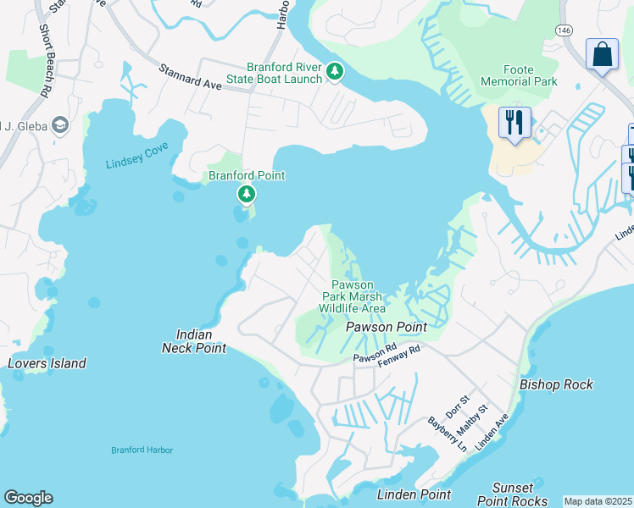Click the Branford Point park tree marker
pos(247,196)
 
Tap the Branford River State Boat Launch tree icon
pos(335,72)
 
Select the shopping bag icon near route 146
pos(603,55)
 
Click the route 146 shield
pos(564,29)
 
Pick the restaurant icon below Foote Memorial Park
pos(514,123)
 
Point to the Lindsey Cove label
pos(137,156)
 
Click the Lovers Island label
pos(47,363)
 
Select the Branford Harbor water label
pos(142,450)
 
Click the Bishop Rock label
pos(556,384)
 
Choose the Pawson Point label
pos(385,326)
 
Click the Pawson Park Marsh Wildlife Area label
pos(352,296)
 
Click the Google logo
pos(28,498)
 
